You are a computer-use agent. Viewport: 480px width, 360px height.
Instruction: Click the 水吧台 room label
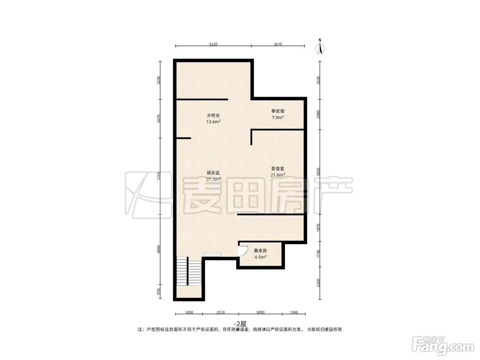[213, 116]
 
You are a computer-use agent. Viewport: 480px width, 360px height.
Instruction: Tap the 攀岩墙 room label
[278, 111]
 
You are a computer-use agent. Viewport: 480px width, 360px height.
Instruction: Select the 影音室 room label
[278, 169]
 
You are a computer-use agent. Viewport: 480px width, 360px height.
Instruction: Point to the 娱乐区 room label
[213, 173]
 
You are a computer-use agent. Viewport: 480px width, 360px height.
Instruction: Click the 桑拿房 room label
[260, 251]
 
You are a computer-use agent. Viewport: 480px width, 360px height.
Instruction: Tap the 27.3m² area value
[213, 179]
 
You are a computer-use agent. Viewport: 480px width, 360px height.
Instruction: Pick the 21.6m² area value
[278, 175]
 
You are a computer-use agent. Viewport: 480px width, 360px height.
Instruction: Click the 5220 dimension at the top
[213, 44]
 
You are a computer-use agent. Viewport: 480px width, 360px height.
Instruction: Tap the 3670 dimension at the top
[278, 44]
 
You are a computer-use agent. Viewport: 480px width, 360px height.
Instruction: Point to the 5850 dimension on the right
[319, 172]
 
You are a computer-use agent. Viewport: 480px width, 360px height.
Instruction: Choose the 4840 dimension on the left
[159, 249]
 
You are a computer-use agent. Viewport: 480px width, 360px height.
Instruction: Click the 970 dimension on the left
[159, 291]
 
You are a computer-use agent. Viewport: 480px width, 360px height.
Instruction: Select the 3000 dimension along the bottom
[260, 312]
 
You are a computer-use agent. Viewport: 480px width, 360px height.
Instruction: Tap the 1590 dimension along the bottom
[294, 312]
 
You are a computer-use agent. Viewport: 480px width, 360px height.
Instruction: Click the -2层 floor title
[240, 324]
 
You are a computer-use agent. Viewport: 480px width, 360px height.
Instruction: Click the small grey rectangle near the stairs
[212, 255]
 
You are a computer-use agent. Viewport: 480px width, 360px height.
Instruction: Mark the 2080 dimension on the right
[319, 114]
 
